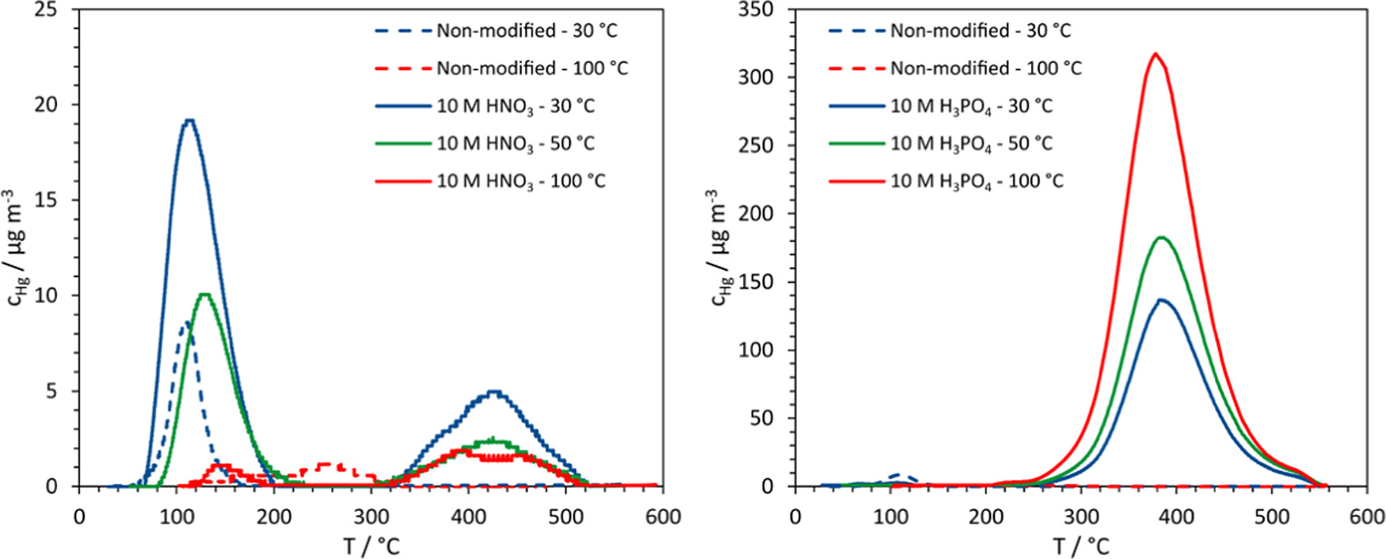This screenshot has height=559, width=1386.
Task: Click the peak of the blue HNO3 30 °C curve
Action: point(188,120)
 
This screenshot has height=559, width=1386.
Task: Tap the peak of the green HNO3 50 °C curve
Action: point(205,295)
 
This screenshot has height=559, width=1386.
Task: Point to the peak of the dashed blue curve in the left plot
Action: point(186,322)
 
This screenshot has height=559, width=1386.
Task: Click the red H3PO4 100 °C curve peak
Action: point(1156,54)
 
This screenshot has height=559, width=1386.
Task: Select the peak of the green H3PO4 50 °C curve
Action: point(1162,237)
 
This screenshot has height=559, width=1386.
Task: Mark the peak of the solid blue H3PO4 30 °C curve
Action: point(1162,299)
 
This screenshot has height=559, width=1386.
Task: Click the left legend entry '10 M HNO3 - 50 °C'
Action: point(515,144)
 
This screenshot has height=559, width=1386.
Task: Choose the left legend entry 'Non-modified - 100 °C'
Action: point(531,69)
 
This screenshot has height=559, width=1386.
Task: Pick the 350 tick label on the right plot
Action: point(756,10)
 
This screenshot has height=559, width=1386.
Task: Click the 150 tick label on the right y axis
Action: point(756,282)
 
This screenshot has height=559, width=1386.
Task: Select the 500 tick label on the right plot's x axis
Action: point(1272,517)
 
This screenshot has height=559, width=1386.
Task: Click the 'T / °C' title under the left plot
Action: point(371,546)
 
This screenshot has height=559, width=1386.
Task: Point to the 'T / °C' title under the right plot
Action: point(1081,546)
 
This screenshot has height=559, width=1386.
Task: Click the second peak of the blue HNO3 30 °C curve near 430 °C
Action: point(494,391)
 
